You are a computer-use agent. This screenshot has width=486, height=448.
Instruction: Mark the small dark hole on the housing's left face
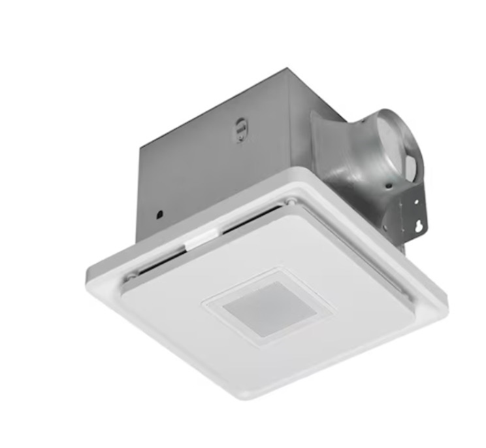point(159,214)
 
